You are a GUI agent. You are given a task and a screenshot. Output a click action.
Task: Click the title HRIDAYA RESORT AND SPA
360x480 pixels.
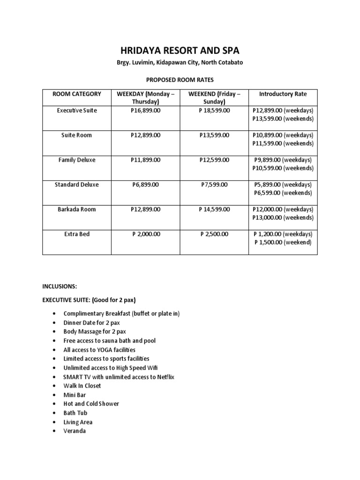(180, 51)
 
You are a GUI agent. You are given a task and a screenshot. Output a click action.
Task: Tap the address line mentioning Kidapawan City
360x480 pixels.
(180, 63)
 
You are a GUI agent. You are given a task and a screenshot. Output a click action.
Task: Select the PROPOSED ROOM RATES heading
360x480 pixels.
(180, 80)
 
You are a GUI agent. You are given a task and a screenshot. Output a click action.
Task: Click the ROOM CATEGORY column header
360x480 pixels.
(77, 94)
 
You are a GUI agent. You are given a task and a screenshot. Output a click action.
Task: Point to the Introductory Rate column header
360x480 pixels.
(283, 94)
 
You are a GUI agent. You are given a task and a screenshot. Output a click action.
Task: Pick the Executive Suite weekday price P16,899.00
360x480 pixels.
(145, 111)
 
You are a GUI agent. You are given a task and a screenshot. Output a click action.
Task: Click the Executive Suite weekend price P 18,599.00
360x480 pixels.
(214, 111)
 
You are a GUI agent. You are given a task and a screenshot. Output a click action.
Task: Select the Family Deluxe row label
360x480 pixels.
(77, 160)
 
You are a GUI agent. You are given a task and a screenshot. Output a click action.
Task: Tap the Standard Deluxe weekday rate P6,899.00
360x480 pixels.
(145, 185)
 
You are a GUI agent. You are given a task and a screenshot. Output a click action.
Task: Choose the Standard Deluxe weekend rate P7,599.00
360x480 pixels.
(214, 185)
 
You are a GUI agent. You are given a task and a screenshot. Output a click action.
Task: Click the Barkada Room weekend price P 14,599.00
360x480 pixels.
(214, 210)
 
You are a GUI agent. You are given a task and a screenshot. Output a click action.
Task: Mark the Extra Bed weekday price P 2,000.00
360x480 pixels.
(145, 234)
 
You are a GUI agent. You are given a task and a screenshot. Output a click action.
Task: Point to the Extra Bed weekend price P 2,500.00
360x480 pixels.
(214, 234)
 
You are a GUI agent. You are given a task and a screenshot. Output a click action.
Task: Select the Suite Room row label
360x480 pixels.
(77, 135)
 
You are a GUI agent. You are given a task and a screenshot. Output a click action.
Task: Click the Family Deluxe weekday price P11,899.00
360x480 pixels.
(145, 160)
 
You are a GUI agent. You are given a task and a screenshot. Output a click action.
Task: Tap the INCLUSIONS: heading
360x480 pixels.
(60, 286)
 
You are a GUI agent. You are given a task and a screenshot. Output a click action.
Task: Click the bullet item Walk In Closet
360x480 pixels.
(82, 386)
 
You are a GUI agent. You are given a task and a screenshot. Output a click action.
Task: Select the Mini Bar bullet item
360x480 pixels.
(75, 395)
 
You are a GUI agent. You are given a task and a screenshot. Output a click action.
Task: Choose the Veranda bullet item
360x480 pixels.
(75, 431)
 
